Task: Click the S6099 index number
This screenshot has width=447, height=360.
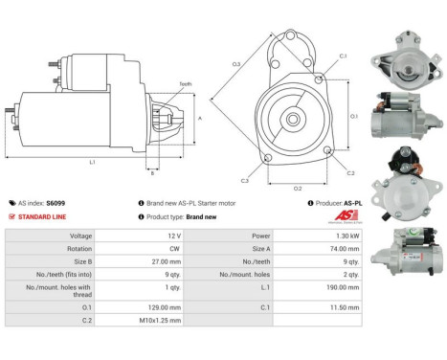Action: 58,203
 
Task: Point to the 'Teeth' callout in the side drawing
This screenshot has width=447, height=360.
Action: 184,85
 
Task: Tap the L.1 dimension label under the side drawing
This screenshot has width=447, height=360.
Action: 92,163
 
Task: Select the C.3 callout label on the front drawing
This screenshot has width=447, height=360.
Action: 245,180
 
